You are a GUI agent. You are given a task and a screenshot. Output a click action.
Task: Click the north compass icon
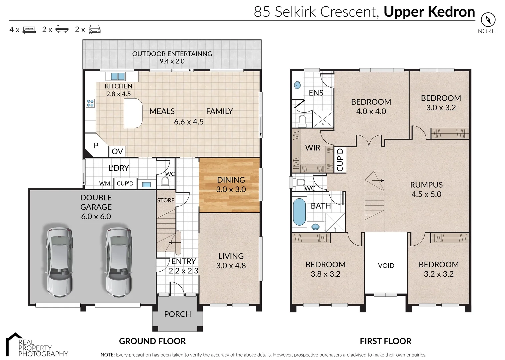click(488, 19)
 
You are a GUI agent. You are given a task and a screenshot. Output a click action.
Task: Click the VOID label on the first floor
click(386, 266)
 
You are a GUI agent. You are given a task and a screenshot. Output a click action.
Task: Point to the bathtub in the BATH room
click(299, 212)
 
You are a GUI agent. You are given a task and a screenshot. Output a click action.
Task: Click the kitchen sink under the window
click(118, 76)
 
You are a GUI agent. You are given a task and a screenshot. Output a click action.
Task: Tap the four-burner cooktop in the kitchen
click(90, 103)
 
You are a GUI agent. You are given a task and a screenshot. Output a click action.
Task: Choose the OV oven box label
click(117, 151)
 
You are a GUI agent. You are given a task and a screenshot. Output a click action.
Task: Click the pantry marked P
click(96, 145)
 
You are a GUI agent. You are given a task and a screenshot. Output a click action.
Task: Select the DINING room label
click(231, 180)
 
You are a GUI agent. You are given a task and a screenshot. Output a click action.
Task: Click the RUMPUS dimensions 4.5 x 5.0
click(426, 194)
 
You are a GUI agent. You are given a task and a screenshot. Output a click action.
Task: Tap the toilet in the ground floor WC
click(165, 182)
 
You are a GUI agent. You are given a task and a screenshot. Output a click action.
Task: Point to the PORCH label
click(177, 314)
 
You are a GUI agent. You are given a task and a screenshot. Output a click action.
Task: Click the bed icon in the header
click(29, 30)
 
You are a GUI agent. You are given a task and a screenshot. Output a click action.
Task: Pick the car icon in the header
click(95, 30)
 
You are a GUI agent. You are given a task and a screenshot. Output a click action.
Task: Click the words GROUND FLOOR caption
click(152, 341)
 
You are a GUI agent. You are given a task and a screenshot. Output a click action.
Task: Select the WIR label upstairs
click(313, 148)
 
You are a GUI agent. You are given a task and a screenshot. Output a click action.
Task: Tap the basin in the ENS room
click(297, 85)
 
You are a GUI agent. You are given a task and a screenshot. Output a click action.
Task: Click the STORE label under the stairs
click(166, 200)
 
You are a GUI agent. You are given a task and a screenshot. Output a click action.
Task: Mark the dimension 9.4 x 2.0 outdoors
click(172, 61)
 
